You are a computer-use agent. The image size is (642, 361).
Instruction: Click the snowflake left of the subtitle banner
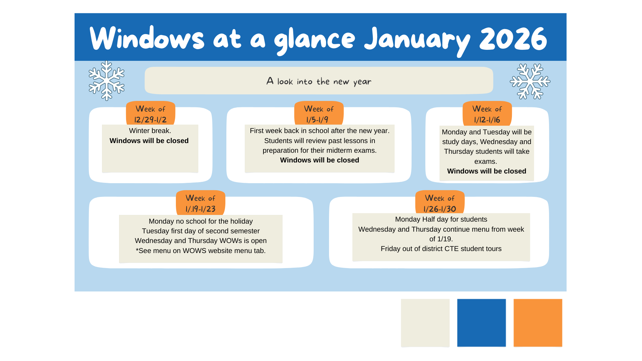(107, 81)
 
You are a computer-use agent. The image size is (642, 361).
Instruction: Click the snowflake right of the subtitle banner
(530, 82)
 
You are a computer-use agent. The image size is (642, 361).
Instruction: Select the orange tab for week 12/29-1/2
(150, 113)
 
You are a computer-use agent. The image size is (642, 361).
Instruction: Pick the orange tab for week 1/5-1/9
(319, 113)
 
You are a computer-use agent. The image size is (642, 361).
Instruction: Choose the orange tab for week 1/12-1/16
(487, 113)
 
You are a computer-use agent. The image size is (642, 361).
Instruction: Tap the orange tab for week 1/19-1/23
(201, 203)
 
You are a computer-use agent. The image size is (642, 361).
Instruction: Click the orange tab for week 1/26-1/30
(440, 202)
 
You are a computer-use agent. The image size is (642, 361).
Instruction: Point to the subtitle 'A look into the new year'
(319, 81)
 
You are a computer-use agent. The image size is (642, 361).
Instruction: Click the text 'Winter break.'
(150, 131)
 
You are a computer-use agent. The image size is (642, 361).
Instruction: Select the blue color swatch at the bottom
(481, 323)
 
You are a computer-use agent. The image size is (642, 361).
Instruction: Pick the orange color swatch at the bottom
(538, 323)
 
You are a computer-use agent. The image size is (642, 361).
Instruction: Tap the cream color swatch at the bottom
(425, 323)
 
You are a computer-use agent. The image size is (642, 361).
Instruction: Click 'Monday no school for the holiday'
(201, 221)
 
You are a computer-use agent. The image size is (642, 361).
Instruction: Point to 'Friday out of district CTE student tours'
(441, 249)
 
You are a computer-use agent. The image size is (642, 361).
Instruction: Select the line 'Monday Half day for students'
(441, 219)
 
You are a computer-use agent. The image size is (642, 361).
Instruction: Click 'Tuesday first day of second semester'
(201, 231)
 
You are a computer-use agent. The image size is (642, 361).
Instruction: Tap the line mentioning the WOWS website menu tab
(201, 251)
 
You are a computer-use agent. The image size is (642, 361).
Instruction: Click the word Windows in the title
(147, 38)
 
